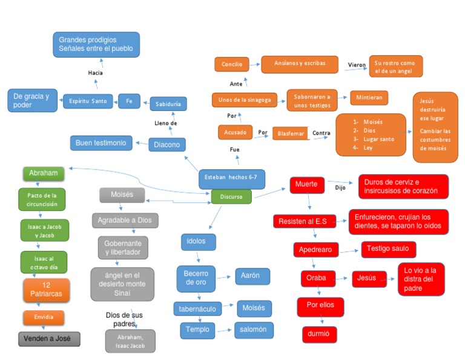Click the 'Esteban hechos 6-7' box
tap(231, 178)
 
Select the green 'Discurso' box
tap(231, 196)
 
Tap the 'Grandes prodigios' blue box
tap(96, 44)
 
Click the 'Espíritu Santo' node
tap(88, 101)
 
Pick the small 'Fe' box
tap(129, 101)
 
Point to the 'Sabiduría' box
tap(168, 104)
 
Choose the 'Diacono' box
tap(167, 145)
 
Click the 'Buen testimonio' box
tap(101, 143)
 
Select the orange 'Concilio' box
tap(232, 64)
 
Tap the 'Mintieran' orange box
tap(369, 97)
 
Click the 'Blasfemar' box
tap(291, 133)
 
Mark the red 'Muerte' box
tap(308, 184)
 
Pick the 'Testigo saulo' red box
tap(389, 248)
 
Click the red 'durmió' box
tap(319, 334)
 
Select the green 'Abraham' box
tap(43, 173)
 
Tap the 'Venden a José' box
tap(49, 339)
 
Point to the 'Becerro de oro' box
tap(196, 278)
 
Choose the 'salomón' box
tap(254, 330)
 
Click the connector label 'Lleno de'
tap(165, 123)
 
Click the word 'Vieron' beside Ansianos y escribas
tap(357, 64)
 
